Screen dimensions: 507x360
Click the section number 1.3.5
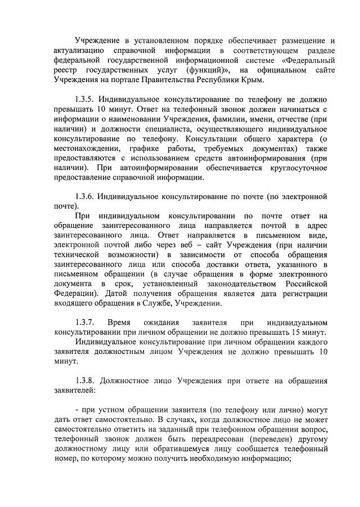86,99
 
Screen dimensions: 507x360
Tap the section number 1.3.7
86,322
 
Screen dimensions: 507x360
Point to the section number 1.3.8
86,381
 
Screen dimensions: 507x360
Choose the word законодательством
242,284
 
